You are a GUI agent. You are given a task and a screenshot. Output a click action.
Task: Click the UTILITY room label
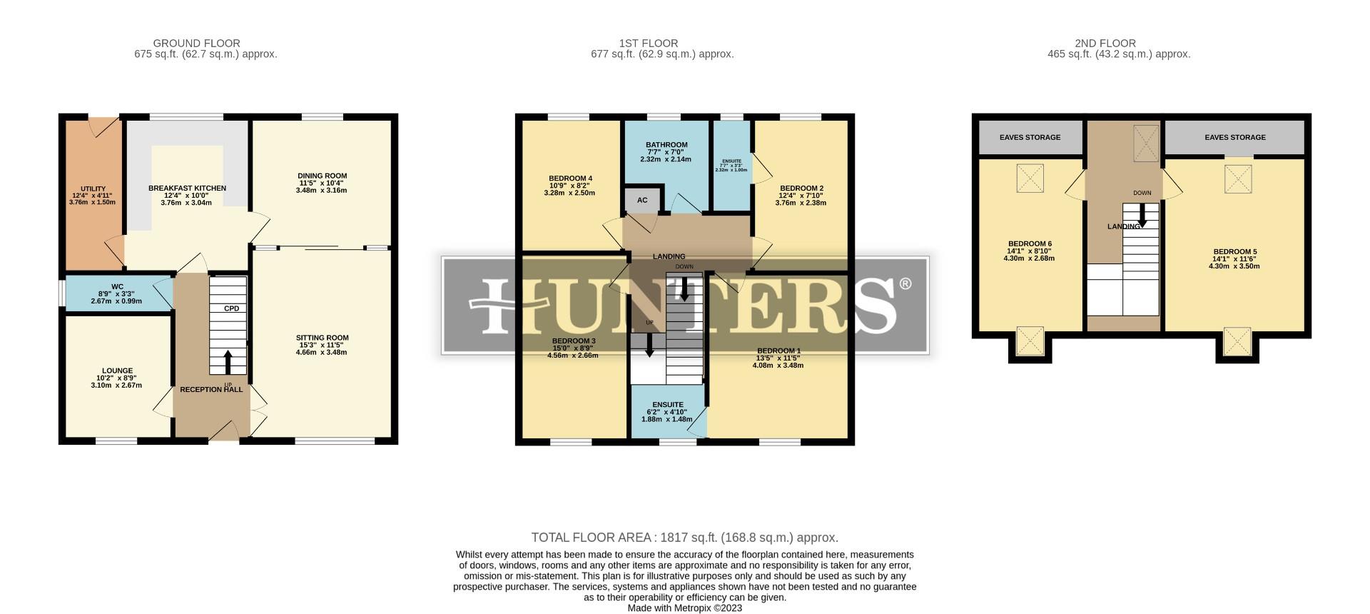click(x=93, y=189)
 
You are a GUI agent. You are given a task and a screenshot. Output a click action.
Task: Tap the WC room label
click(x=117, y=287)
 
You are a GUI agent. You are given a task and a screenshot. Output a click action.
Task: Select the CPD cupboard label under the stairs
click(x=231, y=308)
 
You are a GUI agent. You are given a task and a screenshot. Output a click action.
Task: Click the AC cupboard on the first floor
click(x=642, y=201)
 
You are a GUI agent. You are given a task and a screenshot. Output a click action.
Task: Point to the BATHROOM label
click(x=666, y=145)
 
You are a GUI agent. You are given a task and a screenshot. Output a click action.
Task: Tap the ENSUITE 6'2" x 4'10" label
click(x=667, y=405)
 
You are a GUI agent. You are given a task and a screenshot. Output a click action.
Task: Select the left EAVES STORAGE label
click(x=1030, y=137)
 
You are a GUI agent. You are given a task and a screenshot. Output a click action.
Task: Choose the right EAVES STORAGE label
click(x=1235, y=137)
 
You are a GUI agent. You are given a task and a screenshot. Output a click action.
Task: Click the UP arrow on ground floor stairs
click(x=228, y=363)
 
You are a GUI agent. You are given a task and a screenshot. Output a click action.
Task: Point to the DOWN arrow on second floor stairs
click(x=1142, y=216)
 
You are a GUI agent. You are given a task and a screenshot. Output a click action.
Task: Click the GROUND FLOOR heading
click(x=196, y=44)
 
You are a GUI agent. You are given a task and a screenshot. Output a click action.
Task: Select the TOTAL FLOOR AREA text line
click(x=684, y=538)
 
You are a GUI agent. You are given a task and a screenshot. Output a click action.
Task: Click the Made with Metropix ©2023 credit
click(x=684, y=608)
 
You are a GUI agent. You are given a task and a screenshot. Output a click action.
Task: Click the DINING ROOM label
click(x=322, y=176)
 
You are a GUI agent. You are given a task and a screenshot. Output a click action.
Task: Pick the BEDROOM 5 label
click(x=1234, y=252)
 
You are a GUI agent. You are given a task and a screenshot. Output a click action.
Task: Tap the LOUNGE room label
click(x=117, y=371)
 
